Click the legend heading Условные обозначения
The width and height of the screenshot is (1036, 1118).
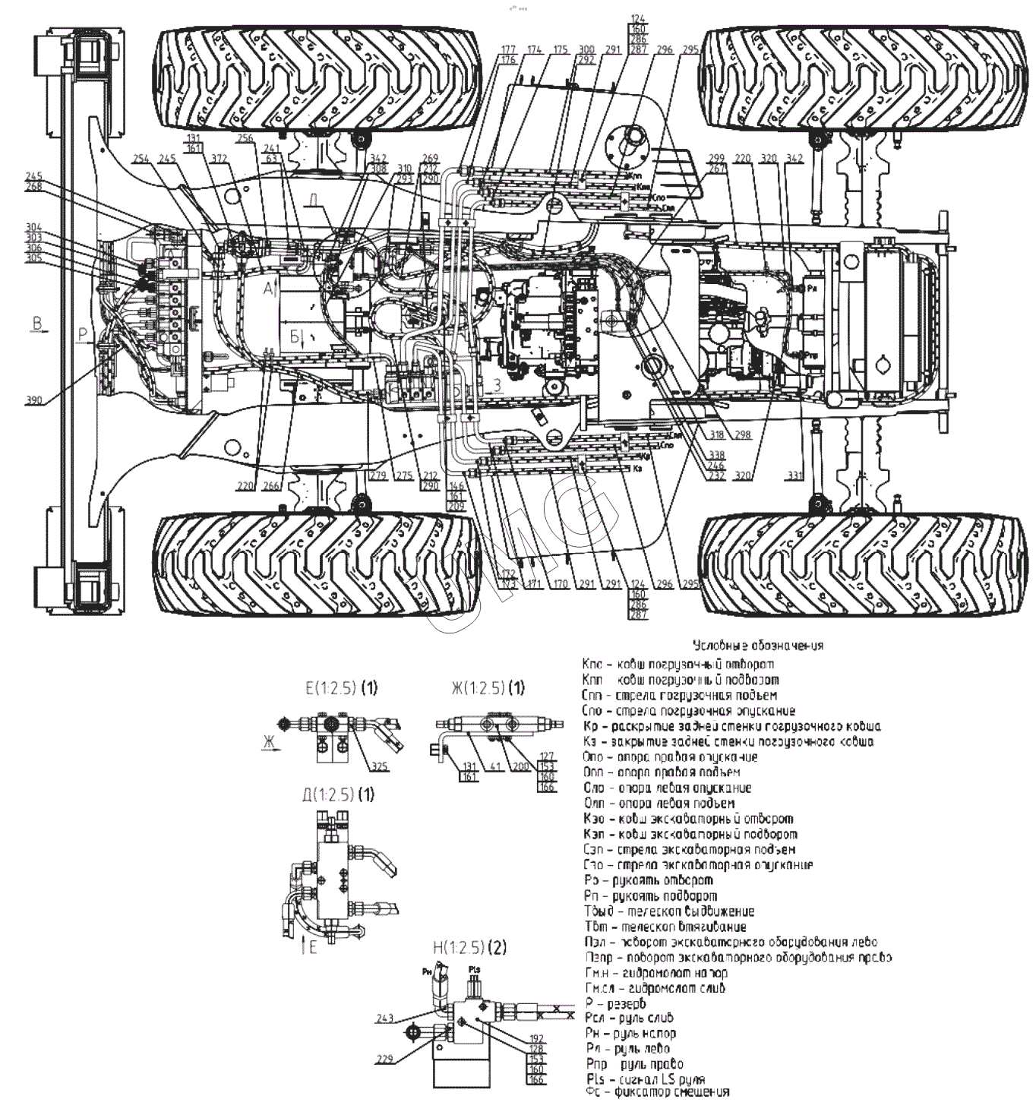[758, 646]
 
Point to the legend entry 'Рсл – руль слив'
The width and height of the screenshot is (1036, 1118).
[629, 1018]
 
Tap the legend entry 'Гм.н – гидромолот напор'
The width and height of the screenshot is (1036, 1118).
[655, 972]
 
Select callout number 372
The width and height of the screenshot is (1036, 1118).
[220, 159]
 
